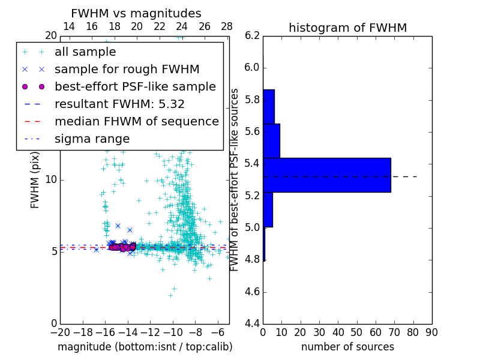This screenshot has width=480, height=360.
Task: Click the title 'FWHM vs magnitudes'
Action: coord(136,13)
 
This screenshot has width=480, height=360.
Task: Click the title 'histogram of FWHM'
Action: coord(347,28)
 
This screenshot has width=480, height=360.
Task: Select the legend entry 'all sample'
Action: coord(85,52)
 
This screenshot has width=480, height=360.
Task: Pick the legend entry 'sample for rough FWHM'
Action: coord(127,70)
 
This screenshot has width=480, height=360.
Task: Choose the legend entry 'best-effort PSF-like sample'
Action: coord(135,87)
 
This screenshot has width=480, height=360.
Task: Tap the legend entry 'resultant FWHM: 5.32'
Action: coord(119,104)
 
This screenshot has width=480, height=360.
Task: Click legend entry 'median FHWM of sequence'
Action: coord(136,122)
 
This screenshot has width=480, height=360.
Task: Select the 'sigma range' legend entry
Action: coord(92,139)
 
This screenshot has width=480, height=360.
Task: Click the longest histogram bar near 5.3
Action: coord(327,175)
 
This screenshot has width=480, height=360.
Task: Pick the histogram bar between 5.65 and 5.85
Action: coord(269,106)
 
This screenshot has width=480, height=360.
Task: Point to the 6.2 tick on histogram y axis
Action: coord(253,35)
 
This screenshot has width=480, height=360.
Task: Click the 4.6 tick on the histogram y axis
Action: coord(253,292)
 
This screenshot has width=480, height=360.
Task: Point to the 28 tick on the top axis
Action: coord(227,26)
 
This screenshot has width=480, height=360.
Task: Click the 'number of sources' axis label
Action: coord(347,347)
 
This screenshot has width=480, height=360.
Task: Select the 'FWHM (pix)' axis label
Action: coord(35,180)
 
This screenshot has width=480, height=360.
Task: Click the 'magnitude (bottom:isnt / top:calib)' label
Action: coord(145,347)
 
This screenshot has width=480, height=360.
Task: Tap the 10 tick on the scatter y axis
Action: coord(52,179)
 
